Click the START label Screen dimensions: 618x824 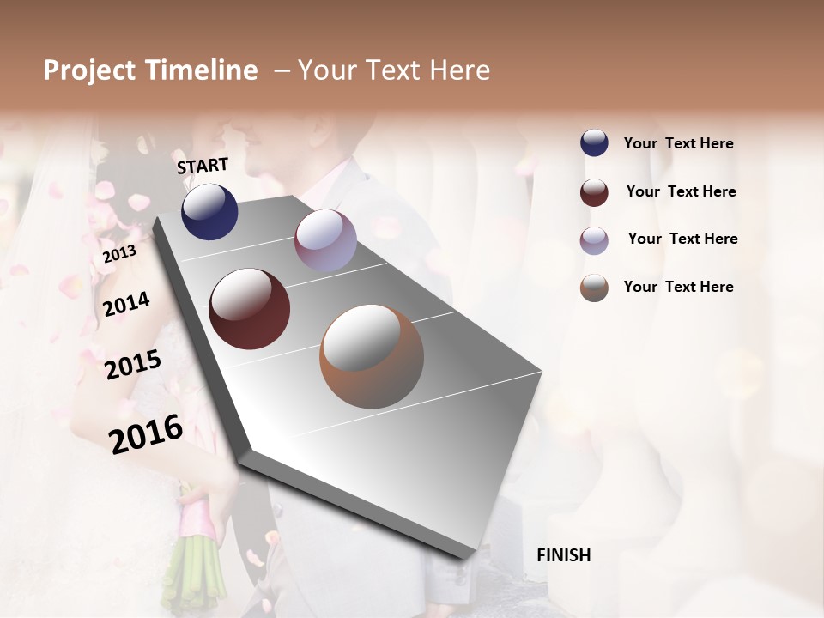[x=203, y=166]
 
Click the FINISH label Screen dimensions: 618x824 [x=563, y=555]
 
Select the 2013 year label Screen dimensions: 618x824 [x=120, y=253]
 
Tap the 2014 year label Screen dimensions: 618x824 [x=127, y=304]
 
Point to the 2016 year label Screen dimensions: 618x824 [x=146, y=433]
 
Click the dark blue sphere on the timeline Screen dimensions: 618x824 [x=209, y=211]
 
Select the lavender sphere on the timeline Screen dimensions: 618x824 [x=325, y=240]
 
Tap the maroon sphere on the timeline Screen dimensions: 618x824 [x=250, y=309]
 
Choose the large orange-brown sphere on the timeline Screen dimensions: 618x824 [x=372, y=356]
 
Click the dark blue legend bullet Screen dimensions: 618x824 [x=594, y=143]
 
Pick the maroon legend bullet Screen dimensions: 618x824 [x=594, y=192]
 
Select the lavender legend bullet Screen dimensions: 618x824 [x=594, y=239]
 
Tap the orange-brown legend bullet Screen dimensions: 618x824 [x=594, y=288]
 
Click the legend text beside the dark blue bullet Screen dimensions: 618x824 [x=678, y=144]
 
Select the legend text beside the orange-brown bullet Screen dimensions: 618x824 [x=678, y=287]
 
